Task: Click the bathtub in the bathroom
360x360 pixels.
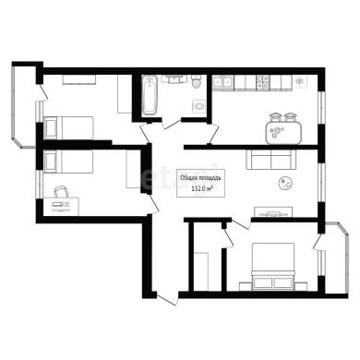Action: point(150,95)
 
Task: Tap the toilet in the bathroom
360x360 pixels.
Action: point(197,81)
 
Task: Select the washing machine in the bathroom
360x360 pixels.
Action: point(199,106)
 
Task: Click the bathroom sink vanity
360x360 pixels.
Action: point(174,79)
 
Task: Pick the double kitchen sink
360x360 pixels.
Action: point(222,82)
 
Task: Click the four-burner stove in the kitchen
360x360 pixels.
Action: point(263,82)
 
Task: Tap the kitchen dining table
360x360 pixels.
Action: point(282,133)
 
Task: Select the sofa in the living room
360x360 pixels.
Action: point(270,160)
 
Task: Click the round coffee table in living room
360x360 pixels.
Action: point(285,184)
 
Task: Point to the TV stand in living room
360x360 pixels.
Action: point(273,212)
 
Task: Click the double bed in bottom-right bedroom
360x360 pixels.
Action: point(273,267)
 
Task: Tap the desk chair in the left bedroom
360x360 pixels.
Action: point(61,192)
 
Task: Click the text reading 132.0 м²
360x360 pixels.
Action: point(201,189)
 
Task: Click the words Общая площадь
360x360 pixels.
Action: point(200,177)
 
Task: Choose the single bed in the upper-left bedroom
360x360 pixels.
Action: point(68,127)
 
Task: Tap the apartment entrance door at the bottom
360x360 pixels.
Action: point(167,299)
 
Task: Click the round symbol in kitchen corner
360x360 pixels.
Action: point(299,81)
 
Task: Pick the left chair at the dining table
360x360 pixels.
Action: point(275,117)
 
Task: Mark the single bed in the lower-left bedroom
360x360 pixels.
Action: point(68,162)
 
